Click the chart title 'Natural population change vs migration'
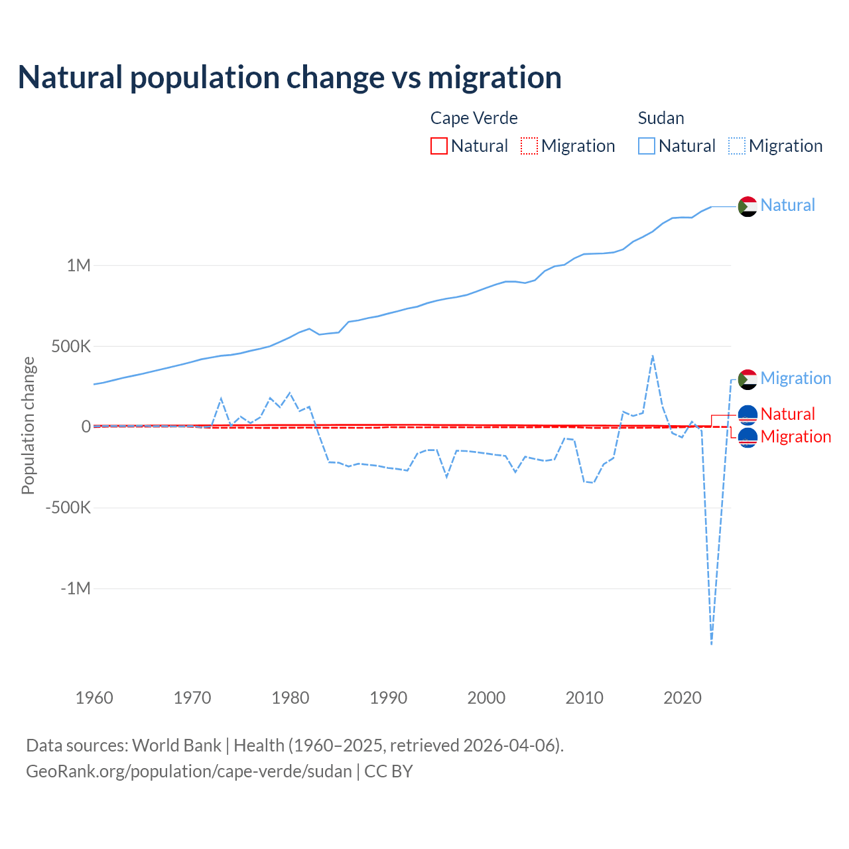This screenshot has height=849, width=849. pyautogui.click(x=289, y=77)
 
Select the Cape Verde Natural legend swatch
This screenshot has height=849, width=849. pyautogui.click(x=438, y=146)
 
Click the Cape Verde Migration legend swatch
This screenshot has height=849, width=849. pyautogui.click(x=529, y=146)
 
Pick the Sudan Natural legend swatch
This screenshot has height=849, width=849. pyautogui.click(x=646, y=146)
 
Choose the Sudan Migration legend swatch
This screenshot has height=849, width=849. pyautogui.click(x=736, y=146)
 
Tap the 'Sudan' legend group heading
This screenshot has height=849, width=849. pyautogui.click(x=661, y=118)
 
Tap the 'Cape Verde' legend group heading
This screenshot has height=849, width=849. pyautogui.click(x=474, y=118)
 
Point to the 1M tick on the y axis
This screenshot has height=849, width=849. pyautogui.click(x=78, y=265)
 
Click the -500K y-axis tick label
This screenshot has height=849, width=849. pyautogui.click(x=68, y=508)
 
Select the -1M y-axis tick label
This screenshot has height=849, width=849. pyautogui.click(x=75, y=588)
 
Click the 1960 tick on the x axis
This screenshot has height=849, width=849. pyautogui.click(x=94, y=698)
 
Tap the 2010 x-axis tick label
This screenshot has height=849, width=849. pyautogui.click(x=584, y=698)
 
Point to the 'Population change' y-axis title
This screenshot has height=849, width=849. pyautogui.click(x=28, y=426)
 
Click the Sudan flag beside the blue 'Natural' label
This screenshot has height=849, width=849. pyautogui.click(x=748, y=206)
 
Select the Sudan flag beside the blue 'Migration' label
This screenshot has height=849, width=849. pyautogui.click(x=748, y=379)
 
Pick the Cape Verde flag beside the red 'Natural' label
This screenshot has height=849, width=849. pyautogui.click(x=748, y=415)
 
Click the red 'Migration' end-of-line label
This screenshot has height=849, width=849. pyautogui.click(x=795, y=436)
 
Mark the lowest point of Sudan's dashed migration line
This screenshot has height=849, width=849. pyautogui.click(x=712, y=643)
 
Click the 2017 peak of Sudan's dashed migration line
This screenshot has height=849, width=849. pyautogui.click(x=653, y=356)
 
